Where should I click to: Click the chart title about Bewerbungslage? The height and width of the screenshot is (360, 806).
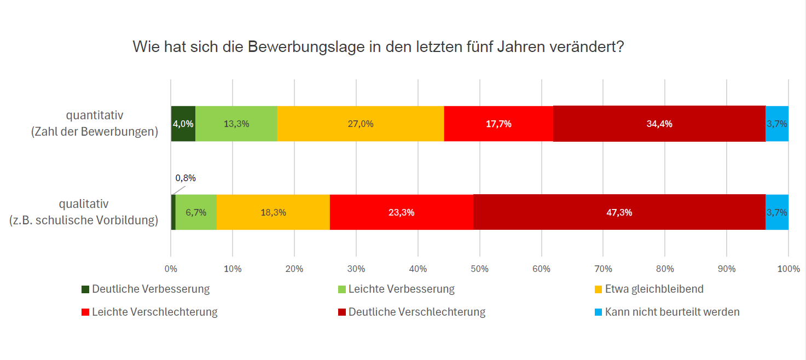pyautogui.click(x=379, y=47)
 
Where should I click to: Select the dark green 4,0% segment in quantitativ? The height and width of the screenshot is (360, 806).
pyautogui.click(x=183, y=124)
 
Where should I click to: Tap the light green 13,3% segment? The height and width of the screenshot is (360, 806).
pyautogui.click(x=236, y=124)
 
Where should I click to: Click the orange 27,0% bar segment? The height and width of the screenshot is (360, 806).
pyautogui.click(x=360, y=124)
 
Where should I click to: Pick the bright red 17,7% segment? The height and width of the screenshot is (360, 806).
pyautogui.click(x=498, y=124)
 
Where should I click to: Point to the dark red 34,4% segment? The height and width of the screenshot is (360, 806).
pyautogui.click(x=659, y=124)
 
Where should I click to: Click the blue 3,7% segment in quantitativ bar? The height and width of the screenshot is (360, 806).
pyautogui.click(x=777, y=124)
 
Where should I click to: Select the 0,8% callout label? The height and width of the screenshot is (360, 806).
pyautogui.click(x=185, y=178)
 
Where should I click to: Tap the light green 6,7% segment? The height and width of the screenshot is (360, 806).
pyautogui.click(x=196, y=212)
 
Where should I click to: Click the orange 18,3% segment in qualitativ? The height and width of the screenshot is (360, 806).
pyautogui.click(x=273, y=212)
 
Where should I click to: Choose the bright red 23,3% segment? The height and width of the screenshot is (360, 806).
pyautogui.click(x=401, y=212)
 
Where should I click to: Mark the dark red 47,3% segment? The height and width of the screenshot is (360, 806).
pyautogui.click(x=619, y=212)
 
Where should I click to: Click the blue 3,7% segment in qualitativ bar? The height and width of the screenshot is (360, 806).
pyautogui.click(x=777, y=212)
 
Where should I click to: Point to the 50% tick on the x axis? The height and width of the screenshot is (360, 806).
pyautogui.click(x=479, y=269)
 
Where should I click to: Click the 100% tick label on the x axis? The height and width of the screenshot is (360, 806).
pyautogui.click(x=788, y=269)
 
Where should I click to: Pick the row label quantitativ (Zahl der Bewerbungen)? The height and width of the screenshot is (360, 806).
pyautogui.click(x=95, y=124)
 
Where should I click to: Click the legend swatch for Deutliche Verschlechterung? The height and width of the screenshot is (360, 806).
pyautogui.click(x=341, y=312)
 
